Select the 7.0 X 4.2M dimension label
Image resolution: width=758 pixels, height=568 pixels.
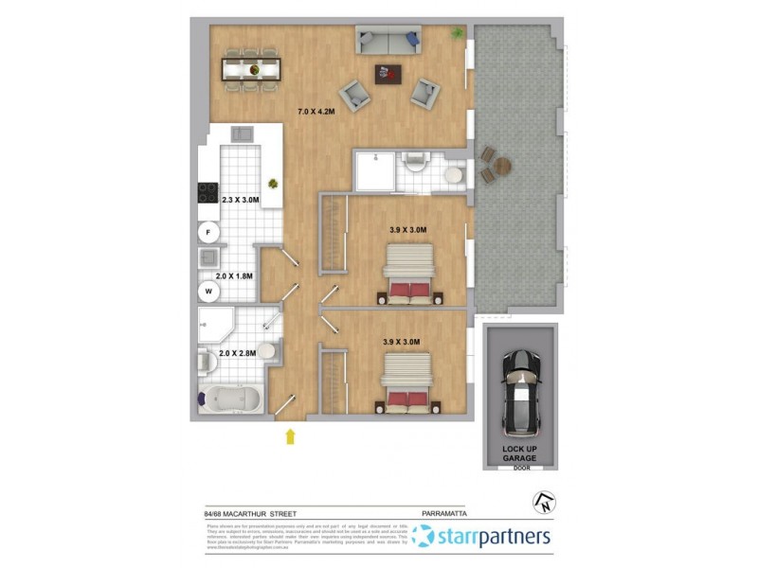[318, 112]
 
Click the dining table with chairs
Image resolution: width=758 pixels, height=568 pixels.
[252, 68]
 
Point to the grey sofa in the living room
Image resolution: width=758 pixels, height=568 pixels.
[387, 41]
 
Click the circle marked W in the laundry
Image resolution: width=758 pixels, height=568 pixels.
[208, 293]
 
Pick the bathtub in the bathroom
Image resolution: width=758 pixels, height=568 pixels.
[232, 401]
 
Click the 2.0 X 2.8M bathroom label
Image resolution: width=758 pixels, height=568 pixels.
[238, 354]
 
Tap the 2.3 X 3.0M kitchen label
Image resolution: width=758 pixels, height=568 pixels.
[240, 201]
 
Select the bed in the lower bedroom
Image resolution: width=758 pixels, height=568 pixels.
[407, 384]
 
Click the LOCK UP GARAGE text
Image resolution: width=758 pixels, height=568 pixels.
[519, 453]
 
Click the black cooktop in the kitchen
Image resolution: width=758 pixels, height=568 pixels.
[208, 192]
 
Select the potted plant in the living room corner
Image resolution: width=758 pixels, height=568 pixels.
[458, 34]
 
